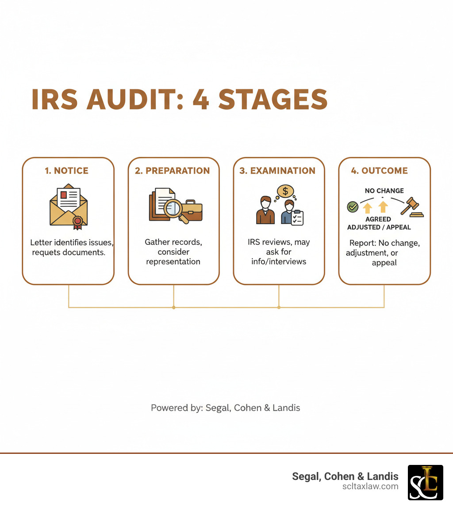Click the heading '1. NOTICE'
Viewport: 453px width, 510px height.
tap(66, 171)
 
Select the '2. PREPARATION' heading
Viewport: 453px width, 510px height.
tap(172, 171)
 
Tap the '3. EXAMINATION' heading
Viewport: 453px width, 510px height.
tap(277, 171)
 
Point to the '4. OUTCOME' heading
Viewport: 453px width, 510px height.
tap(379, 171)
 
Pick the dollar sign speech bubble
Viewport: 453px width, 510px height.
tap(285, 191)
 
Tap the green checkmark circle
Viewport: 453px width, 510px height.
tap(353, 206)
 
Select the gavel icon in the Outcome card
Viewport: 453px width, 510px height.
tap(411, 207)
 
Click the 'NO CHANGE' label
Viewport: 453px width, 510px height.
tap(384, 191)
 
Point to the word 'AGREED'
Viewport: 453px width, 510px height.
tap(378, 219)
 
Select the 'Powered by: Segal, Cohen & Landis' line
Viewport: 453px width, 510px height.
tap(226, 408)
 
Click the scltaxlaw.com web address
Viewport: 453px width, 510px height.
tap(370, 486)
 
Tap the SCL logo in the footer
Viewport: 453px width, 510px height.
tap(425, 482)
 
